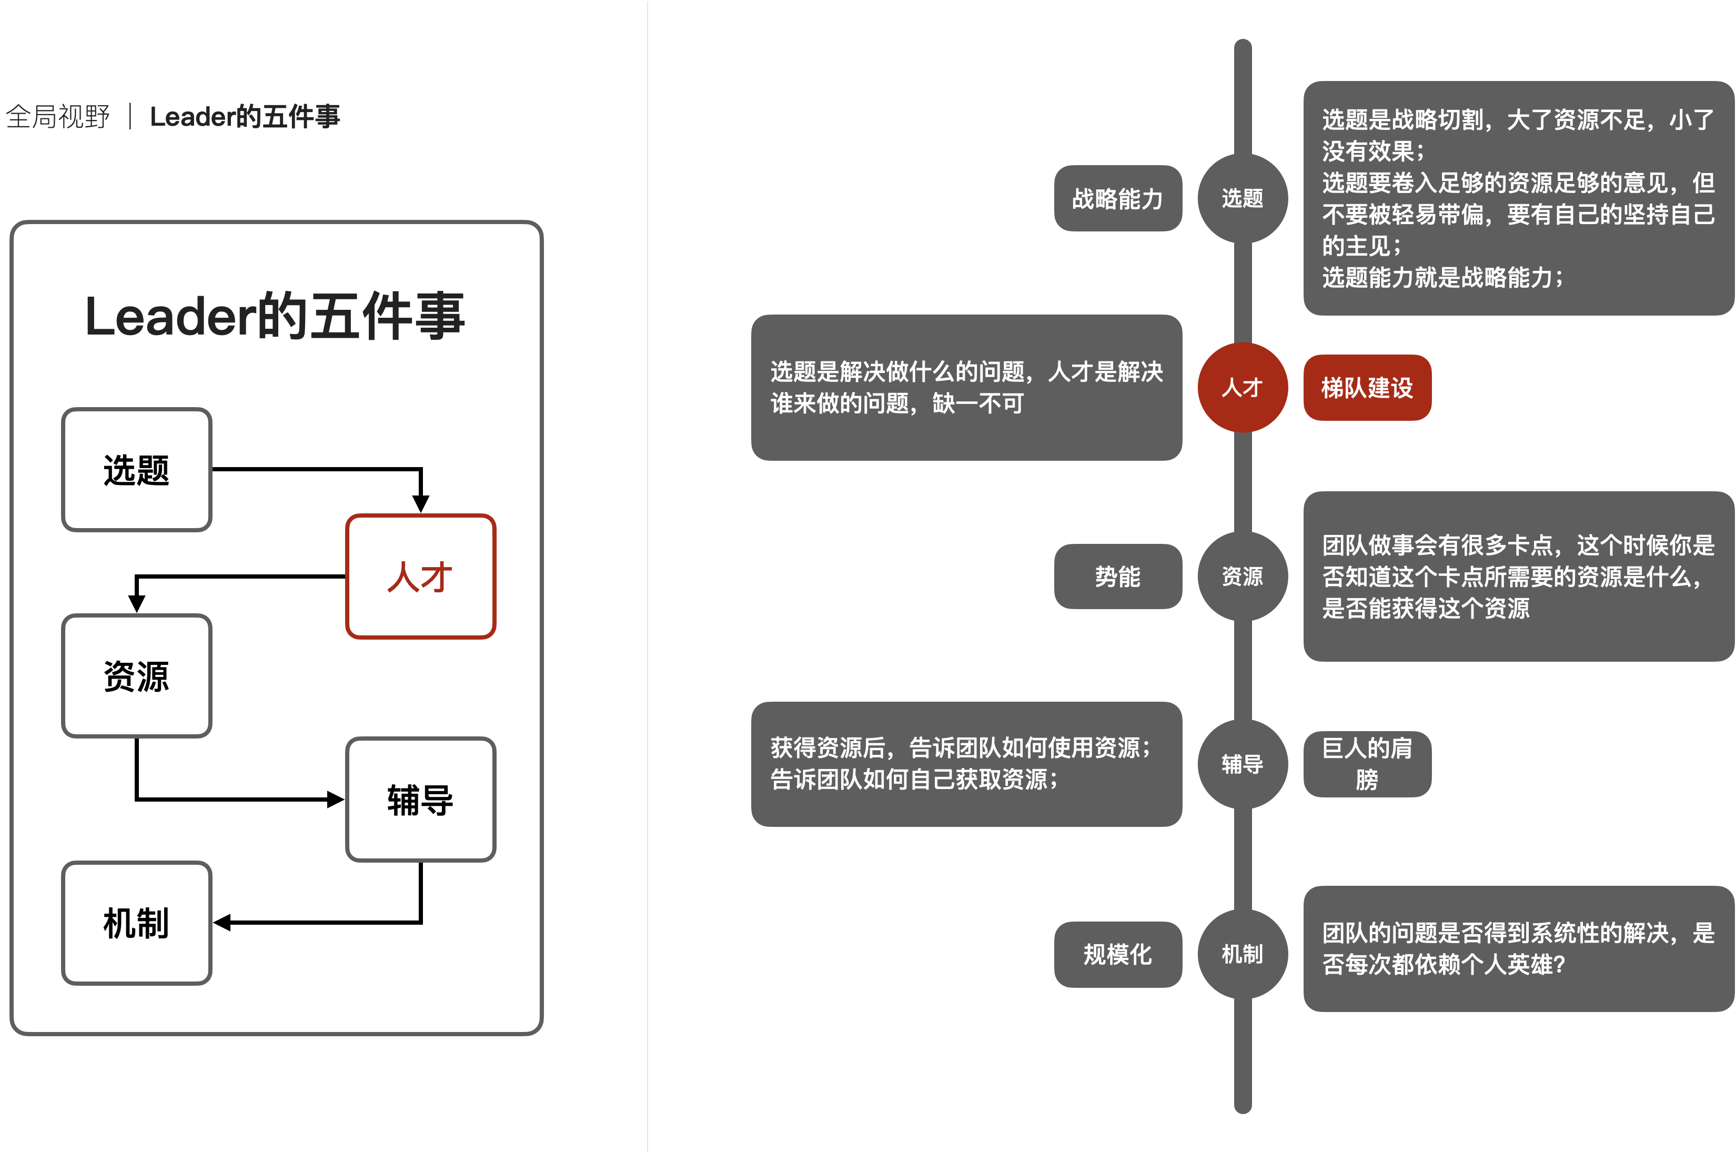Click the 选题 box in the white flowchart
tap(137, 470)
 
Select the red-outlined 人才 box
tap(420, 576)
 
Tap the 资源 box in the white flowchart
tap(137, 676)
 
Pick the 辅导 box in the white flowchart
tap(420, 800)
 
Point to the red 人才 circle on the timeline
tap(1242, 388)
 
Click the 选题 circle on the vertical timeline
tap(1242, 198)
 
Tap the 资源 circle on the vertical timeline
tap(1242, 576)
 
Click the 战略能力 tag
tap(1118, 198)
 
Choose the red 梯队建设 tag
tap(1367, 388)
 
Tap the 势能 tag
tap(1118, 576)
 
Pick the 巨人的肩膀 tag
tap(1367, 764)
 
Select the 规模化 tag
tap(1118, 955)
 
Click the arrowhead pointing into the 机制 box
tap(222, 923)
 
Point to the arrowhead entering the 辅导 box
tap(336, 800)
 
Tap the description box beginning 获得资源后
tap(966, 764)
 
